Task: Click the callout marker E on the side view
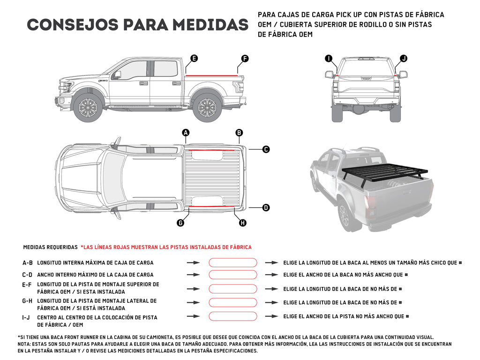coord(194,59)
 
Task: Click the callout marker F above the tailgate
coord(245,59)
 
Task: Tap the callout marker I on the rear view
coord(329,59)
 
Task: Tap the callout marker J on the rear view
coord(404,59)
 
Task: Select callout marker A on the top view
coord(186,133)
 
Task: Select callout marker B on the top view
coord(239,133)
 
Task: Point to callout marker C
coord(266,150)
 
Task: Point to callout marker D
coord(266,207)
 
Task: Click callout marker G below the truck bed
coord(180,223)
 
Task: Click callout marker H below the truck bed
coord(242,223)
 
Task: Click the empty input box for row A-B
coord(232,263)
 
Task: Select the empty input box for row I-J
coord(232,316)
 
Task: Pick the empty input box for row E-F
coord(232,289)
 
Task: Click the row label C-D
coord(28,275)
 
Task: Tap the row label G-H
coord(28,301)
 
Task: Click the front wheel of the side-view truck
coord(88,107)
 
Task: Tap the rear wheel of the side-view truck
coord(207,107)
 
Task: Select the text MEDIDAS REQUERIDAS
coord(50,247)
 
